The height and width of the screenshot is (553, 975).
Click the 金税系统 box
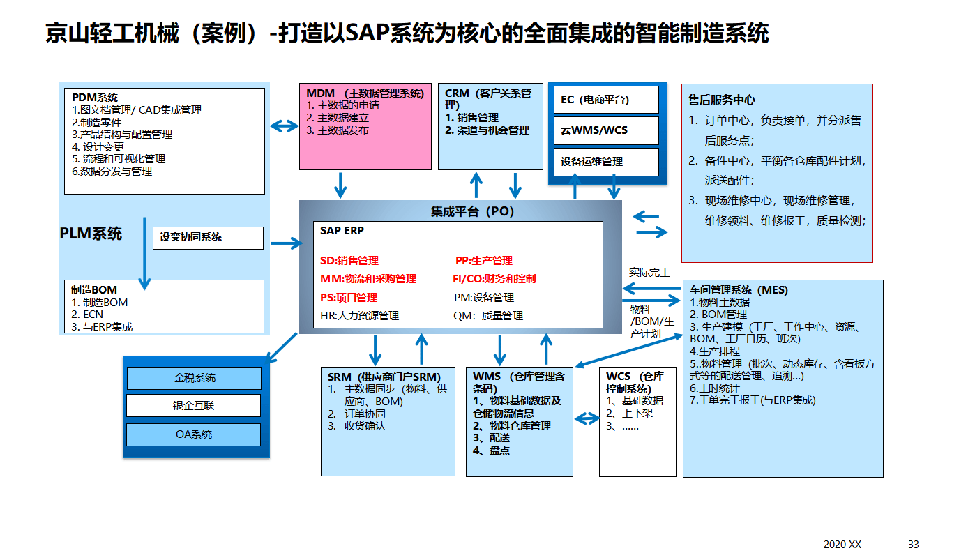pyautogui.click(x=194, y=378)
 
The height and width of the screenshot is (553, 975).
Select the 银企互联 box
pyautogui.click(x=194, y=406)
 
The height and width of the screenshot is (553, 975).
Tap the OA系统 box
pyautogui.click(x=194, y=434)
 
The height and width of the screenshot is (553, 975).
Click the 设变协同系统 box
pyautogui.click(x=208, y=237)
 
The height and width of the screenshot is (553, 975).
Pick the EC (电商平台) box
pyautogui.click(x=605, y=100)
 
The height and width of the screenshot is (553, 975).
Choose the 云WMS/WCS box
pyautogui.click(x=605, y=130)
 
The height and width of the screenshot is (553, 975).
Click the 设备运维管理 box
pyautogui.click(x=605, y=162)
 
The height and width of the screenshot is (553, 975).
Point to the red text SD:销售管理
pyautogui.click(x=349, y=261)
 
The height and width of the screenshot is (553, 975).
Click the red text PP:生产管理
pyautogui.click(x=483, y=261)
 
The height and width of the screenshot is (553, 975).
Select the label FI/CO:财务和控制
pyautogui.click(x=494, y=279)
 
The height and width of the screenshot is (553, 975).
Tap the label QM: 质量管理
pyautogui.click(x=487, y=316)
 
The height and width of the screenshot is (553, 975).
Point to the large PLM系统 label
pyautogui.click(x=91, y=234)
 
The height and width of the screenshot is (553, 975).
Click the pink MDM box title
pyautogui.click(x=365, y=93)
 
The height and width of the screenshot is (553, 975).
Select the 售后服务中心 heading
pyautogui.click(x=721, y=100)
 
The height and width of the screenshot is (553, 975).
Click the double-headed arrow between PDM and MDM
pyautogui.click(x=283, y=126)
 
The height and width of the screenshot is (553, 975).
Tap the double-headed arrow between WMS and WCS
pyautogui.click(x=586, y=418)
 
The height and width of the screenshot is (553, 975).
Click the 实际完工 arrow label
pyautogui.click(x=649, y=272)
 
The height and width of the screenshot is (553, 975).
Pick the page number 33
pyautogui.click(x=914, y=544)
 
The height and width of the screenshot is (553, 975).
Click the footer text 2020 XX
pyautogui.click(x=842, y=544)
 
